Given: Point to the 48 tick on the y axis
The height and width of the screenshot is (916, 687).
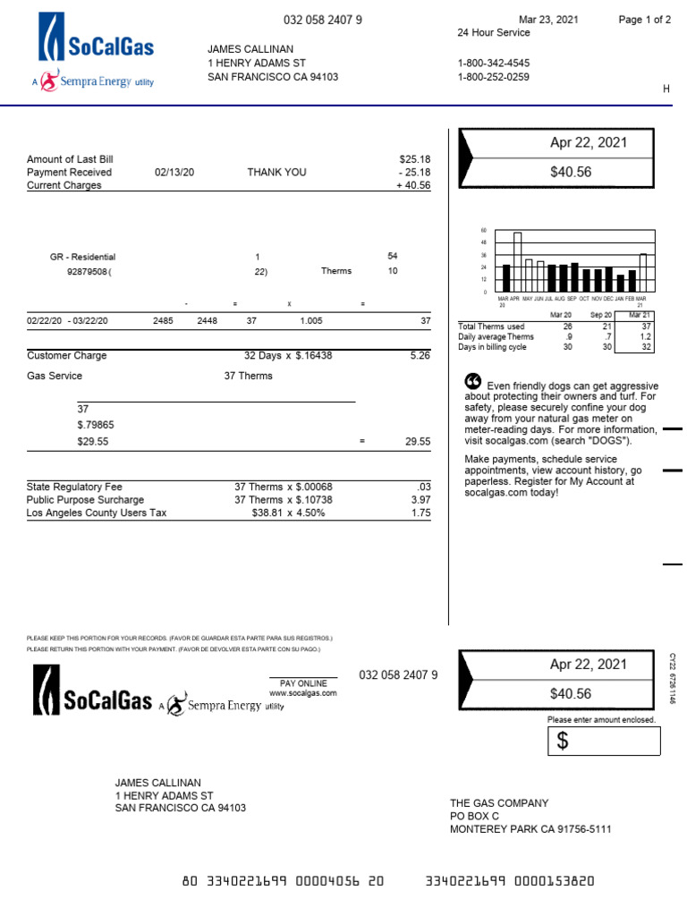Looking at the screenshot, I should coord(484,242).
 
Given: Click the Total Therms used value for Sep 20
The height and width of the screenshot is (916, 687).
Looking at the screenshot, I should coord(607,327).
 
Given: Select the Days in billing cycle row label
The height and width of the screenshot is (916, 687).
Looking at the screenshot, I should coord(492,347).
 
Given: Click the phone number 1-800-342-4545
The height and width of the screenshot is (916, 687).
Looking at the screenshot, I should coord(493,64).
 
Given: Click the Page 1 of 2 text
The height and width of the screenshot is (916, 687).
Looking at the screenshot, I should coord(644,20).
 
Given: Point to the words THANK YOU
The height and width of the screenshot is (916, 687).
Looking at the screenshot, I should coord(276,173).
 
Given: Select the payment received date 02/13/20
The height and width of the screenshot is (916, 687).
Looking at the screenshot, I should coord(174,173).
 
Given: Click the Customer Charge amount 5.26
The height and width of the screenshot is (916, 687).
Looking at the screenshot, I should coord(420,356).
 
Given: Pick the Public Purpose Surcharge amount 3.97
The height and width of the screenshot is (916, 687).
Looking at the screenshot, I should coord(420,500).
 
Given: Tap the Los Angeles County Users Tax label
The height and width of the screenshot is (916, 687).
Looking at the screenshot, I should coord(96,513).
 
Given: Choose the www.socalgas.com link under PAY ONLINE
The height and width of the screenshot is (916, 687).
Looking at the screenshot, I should coord(303,693).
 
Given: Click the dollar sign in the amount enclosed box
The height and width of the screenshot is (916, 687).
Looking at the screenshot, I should coord(563,741).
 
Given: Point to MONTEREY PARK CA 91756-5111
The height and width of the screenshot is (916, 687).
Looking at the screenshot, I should coord(530,829).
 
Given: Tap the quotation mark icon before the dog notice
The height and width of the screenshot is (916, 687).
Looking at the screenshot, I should coord(473,381).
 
